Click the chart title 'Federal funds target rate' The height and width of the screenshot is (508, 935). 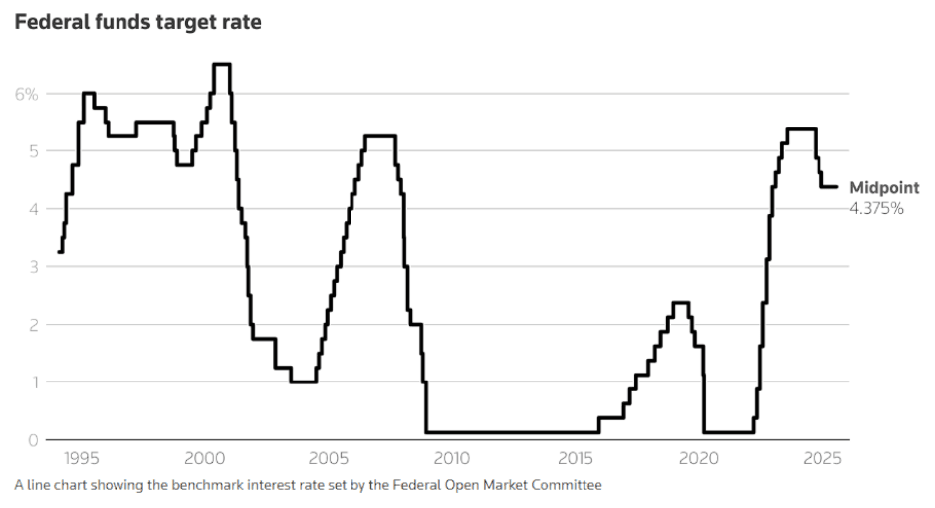click(x=137, y=21)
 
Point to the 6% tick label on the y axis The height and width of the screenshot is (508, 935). click(x=26, y=94)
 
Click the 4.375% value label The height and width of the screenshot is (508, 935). click(x=876, y=208)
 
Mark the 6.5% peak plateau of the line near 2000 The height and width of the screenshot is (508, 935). click(x=222, y=65)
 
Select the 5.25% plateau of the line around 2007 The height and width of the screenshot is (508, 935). click(x=380, y=136)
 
